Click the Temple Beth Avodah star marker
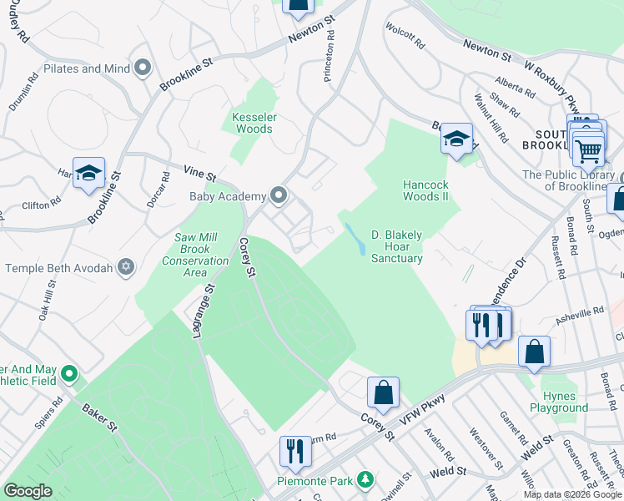pos(126,268)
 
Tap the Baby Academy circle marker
pos(279,196)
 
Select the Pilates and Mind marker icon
pos(143,68)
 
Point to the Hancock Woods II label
pos(425,190)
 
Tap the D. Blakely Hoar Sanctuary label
pos(396,246)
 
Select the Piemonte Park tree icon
pos(364,480)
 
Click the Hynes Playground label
pos(558,402)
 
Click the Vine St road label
pos(200,175)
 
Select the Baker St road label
pos(99,417)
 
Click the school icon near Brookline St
pos(88,173)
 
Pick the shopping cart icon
pos(589,151)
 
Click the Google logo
pos(28,491)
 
